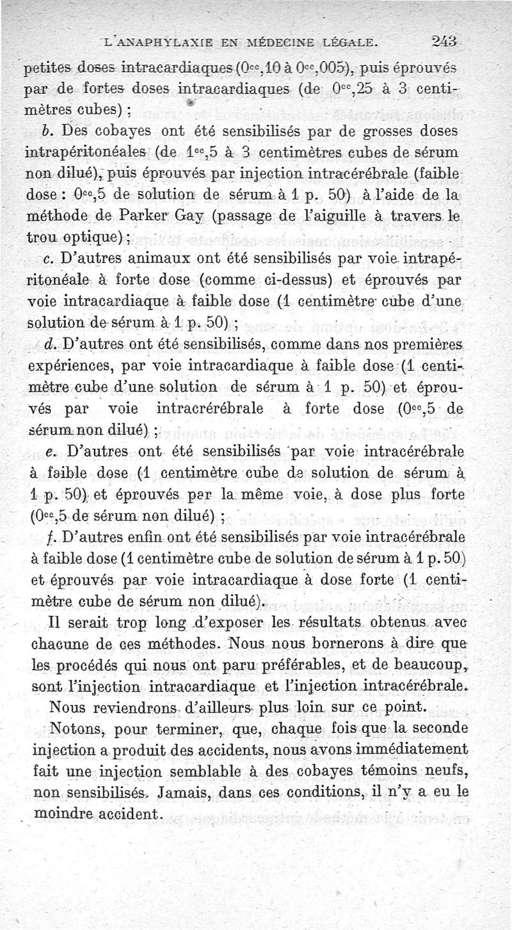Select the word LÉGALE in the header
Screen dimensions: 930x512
[x=350, y=43]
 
